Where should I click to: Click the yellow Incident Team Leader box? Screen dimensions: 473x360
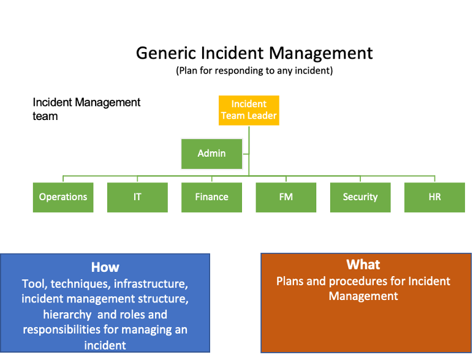(249, 110)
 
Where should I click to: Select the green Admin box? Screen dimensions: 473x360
(212, 154)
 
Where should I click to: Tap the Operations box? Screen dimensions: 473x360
(63, 197)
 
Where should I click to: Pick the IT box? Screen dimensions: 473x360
(138, 197)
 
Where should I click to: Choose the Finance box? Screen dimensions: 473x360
(212, 197)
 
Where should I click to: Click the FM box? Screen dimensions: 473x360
(286, 197)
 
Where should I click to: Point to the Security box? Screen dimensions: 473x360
(360, 197)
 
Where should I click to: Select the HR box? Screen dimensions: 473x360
(434, 197)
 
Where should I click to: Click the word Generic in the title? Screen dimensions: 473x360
(166, 53)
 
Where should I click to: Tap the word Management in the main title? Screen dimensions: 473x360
(320, 53)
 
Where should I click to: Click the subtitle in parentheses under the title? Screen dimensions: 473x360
(254, 70)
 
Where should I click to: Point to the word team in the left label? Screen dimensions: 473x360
(45, 116)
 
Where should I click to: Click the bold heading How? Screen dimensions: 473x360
(105, 267)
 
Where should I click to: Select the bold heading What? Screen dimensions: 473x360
(363, 264)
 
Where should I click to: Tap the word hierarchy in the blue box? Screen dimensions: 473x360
(67, 315)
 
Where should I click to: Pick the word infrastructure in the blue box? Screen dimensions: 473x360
(151, 283)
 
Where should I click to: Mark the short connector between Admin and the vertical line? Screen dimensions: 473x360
(246, 154)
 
